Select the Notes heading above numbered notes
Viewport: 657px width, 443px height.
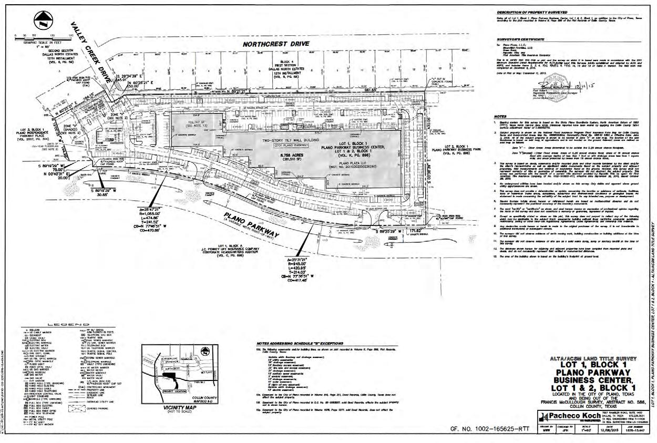500,116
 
